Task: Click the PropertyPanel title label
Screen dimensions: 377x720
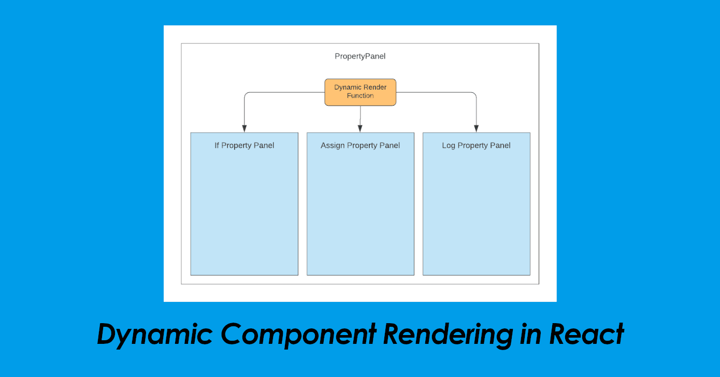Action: [360, 56]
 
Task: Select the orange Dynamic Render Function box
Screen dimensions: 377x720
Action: [360, 92]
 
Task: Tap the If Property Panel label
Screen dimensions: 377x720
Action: [244, 146]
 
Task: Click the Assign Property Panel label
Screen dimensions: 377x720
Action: [360, 146]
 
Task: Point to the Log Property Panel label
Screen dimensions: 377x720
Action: [476, 146]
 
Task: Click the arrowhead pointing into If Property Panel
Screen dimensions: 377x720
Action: [244, 128]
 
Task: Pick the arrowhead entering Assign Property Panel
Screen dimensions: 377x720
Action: [360, 128]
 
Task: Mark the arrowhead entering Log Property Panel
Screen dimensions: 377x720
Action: [476, 128]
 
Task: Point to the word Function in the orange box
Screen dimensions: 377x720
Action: [361, 96]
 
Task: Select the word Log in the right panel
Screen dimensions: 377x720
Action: [449, 146]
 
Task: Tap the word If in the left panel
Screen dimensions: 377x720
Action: [217, 146]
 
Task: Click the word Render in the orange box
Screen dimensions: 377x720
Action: [375, 88]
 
